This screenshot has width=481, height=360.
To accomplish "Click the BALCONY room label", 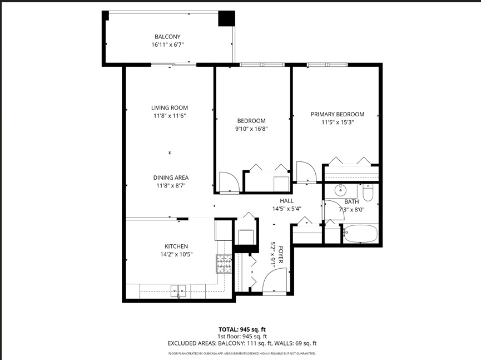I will click(x=167, y=37).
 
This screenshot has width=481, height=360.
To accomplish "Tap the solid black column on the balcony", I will click(x=226, y=18).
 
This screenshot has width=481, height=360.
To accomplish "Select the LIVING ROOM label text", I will click(x=170, y=108).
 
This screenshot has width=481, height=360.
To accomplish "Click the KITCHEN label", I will click(x=176, y=246).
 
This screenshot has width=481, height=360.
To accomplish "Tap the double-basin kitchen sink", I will click(x=178, y=289).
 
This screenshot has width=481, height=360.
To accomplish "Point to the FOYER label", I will click(x=281, y=255).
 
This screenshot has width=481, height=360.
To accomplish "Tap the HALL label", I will click(x=286, y=201).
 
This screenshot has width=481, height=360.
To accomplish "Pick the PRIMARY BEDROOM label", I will click(x=337, y=114).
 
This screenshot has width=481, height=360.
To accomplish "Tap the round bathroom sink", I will click(x=339, y=191).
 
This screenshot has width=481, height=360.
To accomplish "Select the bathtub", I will click(x=360, y=234).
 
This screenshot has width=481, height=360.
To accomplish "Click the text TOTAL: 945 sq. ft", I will click(x=242, y=329).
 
